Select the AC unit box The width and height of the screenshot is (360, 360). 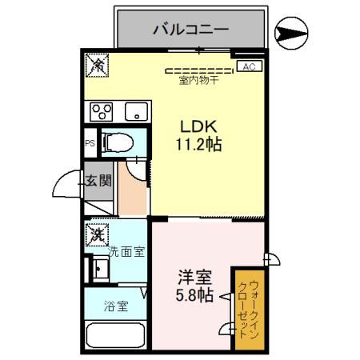click(247, 66)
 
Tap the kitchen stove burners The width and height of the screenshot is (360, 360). click(101, 110)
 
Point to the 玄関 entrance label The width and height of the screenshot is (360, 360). click(98, 182)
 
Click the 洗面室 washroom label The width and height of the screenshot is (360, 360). click(126, 252)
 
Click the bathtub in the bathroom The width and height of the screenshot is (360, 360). click(115, 336)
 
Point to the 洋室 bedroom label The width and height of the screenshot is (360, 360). click(194, 278)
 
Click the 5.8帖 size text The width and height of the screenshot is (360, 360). click(194, 296)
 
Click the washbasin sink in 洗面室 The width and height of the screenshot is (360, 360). click(99, 268)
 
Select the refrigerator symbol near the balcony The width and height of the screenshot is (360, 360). click(97, 65)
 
